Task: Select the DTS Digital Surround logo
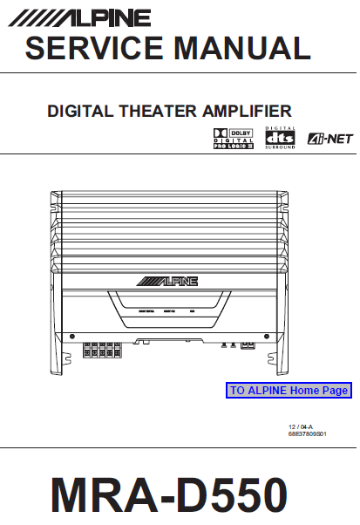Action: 281,138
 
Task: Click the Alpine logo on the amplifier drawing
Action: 167,281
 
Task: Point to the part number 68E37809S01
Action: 309,433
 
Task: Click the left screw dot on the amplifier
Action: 71,334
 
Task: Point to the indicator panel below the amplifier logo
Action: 167,310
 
